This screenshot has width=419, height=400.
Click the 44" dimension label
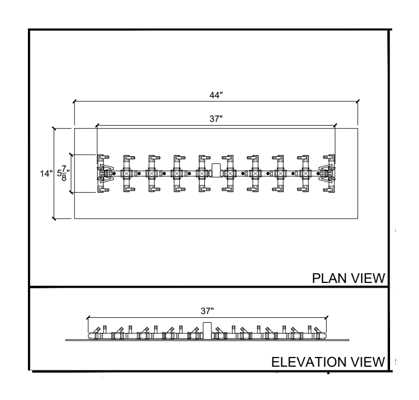[x=216, y=95]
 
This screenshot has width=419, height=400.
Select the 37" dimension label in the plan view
[x=216, y=119]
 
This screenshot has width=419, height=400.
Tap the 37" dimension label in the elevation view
[x=208, y=311]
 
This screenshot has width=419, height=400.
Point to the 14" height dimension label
[x=47, y=173]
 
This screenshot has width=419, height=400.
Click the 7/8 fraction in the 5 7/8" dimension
[x=64, y=173]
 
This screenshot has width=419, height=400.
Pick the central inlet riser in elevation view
[x=208, y=330]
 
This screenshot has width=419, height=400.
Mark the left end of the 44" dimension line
[x=74, y=100]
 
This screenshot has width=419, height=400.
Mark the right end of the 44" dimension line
[x=358, y=100]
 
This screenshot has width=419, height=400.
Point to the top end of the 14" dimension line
[x=54, y=128]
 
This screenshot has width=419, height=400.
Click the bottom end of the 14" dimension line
[x=54, y=219]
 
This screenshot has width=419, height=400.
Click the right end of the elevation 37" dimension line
[x=327, y=317]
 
